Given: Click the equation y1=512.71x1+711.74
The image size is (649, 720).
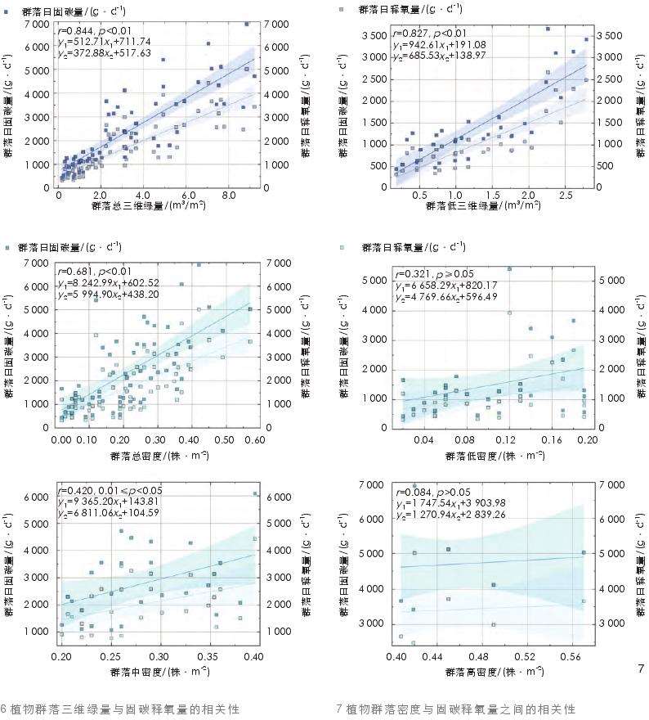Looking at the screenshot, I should point(105,41).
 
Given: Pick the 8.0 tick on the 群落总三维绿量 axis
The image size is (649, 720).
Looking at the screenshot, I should point(231,196).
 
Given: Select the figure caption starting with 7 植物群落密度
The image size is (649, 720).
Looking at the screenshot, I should point(455,709).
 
